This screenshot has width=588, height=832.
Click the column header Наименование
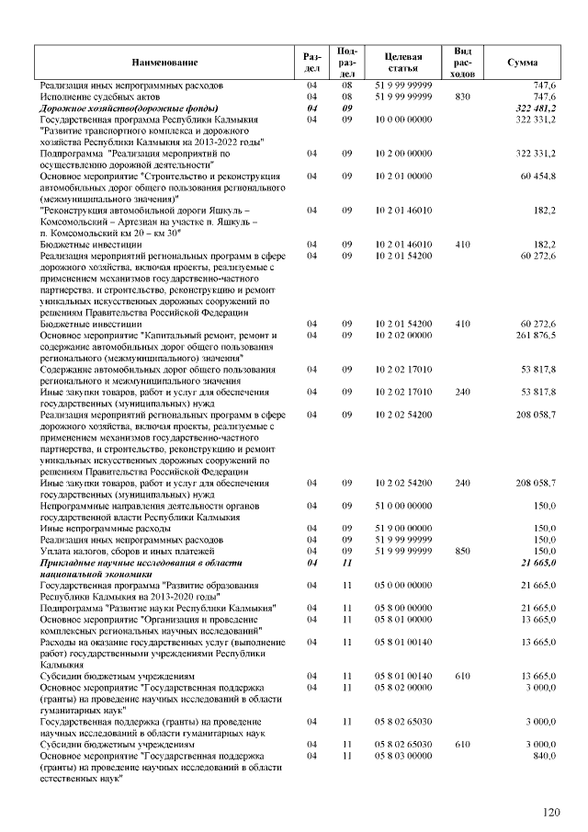tap(164, 62)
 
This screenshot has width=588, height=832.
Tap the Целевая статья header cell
tap(403, 62)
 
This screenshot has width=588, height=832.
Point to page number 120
tap(550, 812)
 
